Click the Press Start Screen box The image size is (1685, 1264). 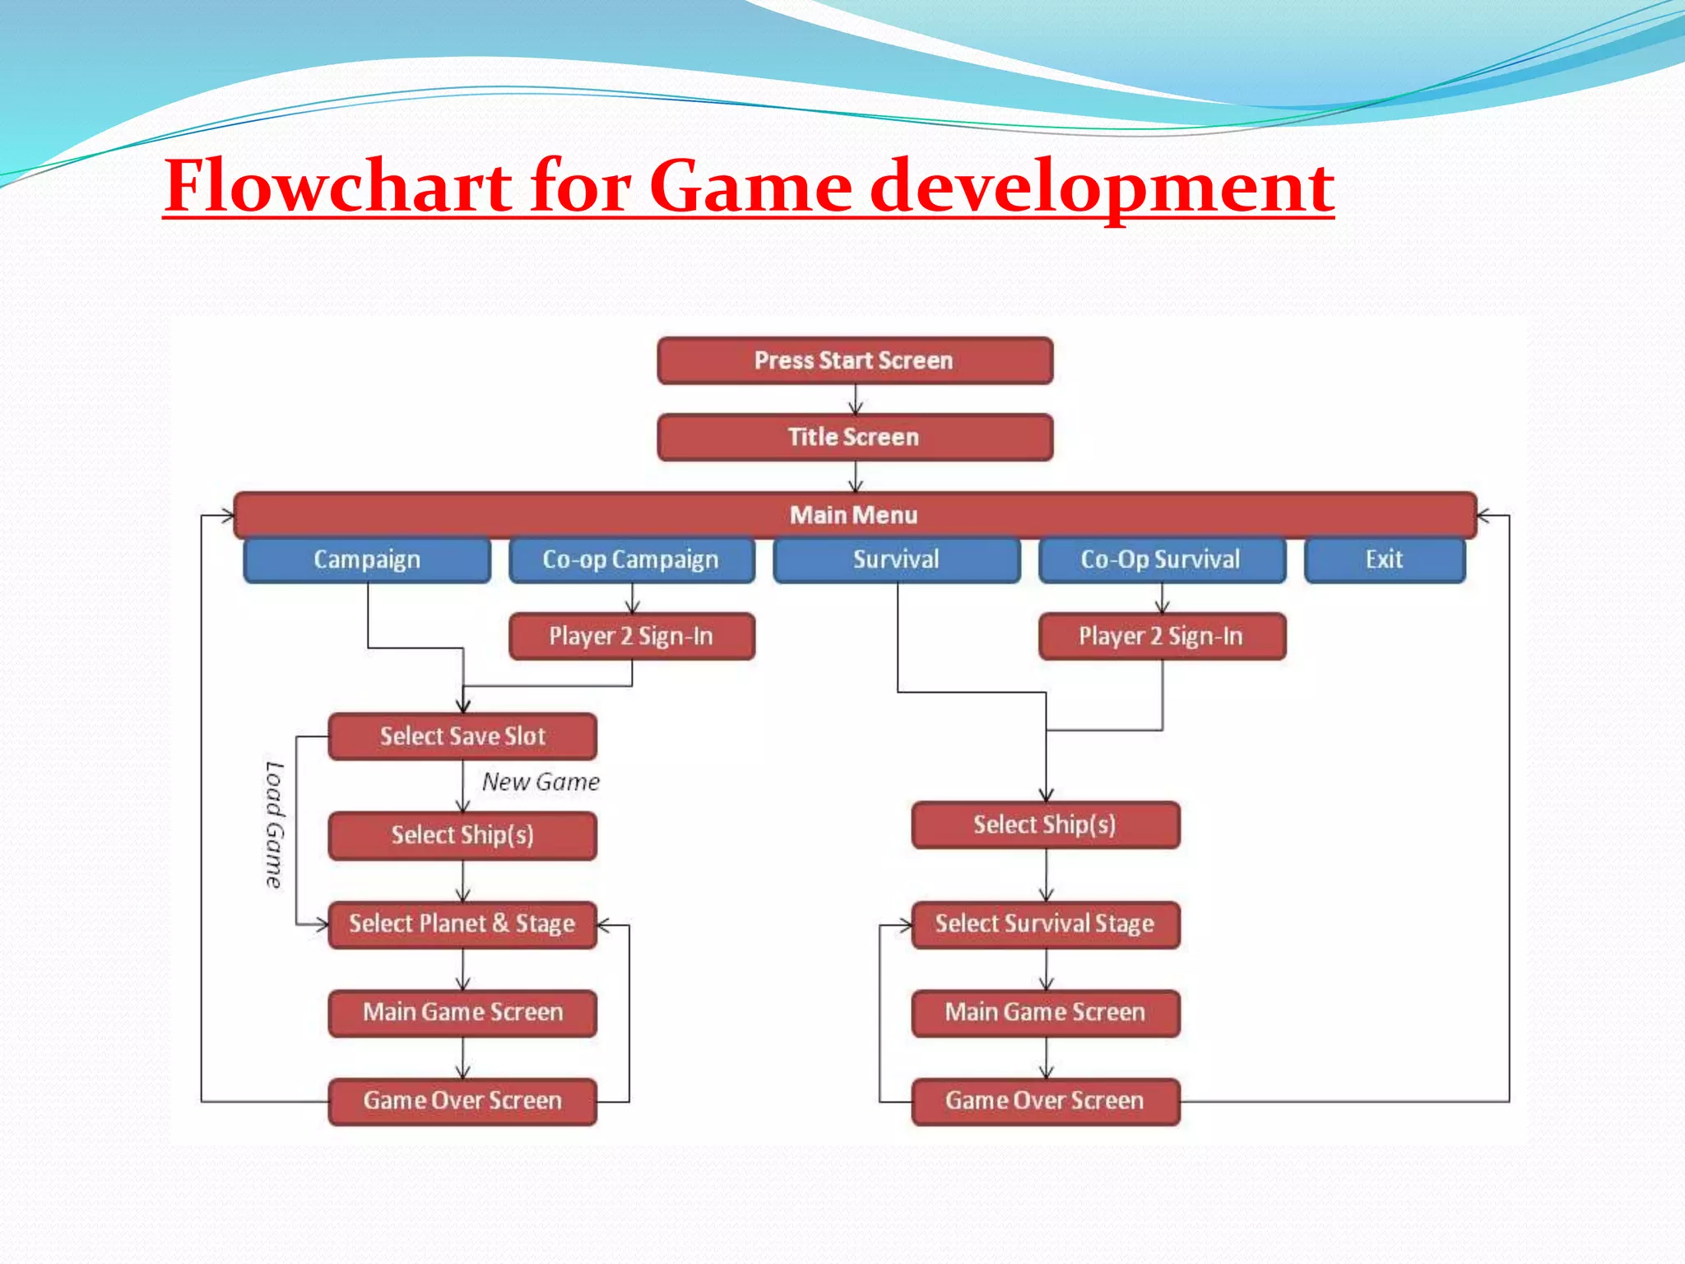click(855, 360)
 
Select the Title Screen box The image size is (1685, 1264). click(855, 437)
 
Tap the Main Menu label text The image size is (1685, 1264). click(853, 515)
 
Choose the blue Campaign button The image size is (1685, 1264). click(367, 560)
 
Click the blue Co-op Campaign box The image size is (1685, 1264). click(631, 560)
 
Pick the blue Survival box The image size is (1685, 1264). click(896, 560)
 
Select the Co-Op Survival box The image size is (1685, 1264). click(1161, 560)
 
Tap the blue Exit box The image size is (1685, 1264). click(1384, 560)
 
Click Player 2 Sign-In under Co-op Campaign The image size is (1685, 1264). click(631, 636)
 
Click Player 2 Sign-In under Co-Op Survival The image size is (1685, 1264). click(1161, 636)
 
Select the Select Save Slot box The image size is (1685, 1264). click(462, 736)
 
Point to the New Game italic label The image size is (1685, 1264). click(541, 782)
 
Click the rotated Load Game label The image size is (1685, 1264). click(274, 825)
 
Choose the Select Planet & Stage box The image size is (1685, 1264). click(462, 924)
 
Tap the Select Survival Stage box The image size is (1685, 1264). click(1045, 924)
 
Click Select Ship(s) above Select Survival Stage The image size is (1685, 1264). click(1045, 825)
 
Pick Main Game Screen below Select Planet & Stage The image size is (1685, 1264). click(462, 1012)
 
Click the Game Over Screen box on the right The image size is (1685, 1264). click(1045, 1101)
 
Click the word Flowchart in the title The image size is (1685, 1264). click(339, 186)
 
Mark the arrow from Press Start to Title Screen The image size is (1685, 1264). click(856, 400)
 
